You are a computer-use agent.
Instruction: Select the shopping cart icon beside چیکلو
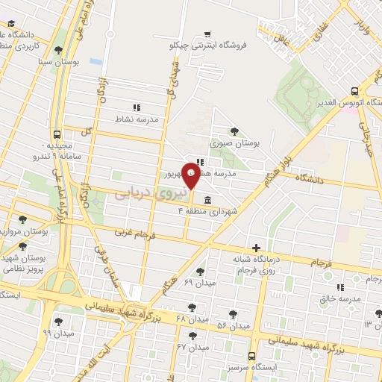click(207, 33)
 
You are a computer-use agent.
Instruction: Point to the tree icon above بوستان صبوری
click(235, 131)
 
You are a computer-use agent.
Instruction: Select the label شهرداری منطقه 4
click(208, 212)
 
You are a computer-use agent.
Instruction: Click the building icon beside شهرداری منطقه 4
click(207, 200)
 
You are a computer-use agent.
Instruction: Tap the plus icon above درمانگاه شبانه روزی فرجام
click(256, 247)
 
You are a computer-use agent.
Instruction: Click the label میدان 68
click(190, 319)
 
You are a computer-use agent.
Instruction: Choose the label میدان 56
click(232, 326)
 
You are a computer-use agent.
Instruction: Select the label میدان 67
click(192, 348)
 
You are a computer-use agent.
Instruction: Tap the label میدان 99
click(57, 333)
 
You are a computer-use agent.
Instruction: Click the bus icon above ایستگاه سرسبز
click(251, 356)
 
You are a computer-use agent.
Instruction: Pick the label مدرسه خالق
click(340, 298)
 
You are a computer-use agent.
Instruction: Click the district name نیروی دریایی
click(144, 192)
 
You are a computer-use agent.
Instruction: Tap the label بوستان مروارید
click(24, 231)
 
